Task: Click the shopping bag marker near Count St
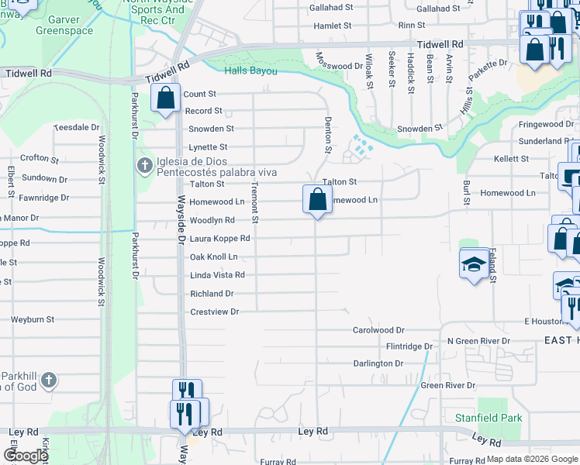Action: coord(165,98)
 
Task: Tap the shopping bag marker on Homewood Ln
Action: coord(317,199)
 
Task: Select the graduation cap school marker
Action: coord(475,263)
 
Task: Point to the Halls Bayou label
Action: coord(251,71)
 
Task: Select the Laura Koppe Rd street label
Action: coord(219,239)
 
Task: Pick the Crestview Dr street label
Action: coord(214,312)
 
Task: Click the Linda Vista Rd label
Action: coord(217,275)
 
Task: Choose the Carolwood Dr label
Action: coord(379,329)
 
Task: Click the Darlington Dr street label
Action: coord(378,363)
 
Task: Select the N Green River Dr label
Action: coord(479,341)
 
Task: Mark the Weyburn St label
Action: coord(33,319)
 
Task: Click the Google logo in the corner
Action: coord(25,456)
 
